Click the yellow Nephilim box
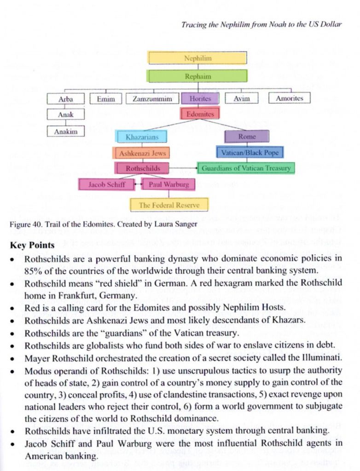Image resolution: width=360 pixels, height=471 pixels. click(197, 58)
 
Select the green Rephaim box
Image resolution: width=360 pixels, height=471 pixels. click(197, 76)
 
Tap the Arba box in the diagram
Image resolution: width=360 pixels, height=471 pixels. click(65, 98)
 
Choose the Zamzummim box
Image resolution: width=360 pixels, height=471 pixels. click(152, 98)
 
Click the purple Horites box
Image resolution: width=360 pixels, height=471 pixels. click(200, 98)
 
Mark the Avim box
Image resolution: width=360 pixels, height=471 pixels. click(242, 98)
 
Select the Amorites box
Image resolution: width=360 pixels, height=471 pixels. click(290, 98)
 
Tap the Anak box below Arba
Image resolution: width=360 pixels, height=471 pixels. click(65, 115)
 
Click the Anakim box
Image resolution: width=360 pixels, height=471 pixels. click(66, 131)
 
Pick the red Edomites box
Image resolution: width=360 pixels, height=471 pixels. click(200, 113)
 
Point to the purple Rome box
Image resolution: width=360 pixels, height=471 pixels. click(247, 137)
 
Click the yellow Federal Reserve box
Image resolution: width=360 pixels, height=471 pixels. click(169, 205)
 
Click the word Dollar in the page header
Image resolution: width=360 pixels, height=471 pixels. click(331, 24)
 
